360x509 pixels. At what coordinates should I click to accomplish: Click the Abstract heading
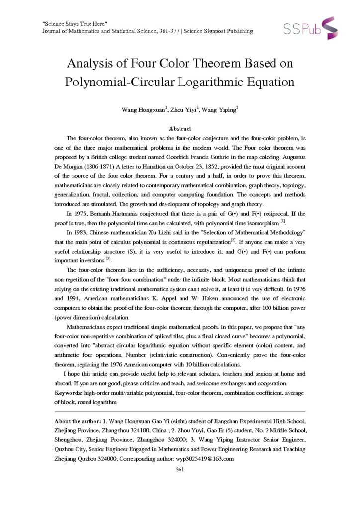[180, 128]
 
